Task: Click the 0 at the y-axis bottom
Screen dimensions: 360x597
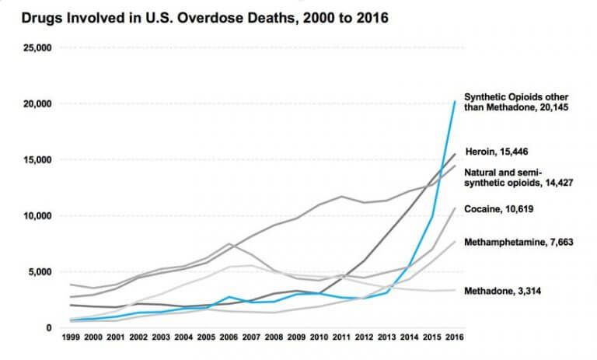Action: [47, 328]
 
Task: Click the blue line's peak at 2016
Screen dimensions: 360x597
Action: [455, 101]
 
